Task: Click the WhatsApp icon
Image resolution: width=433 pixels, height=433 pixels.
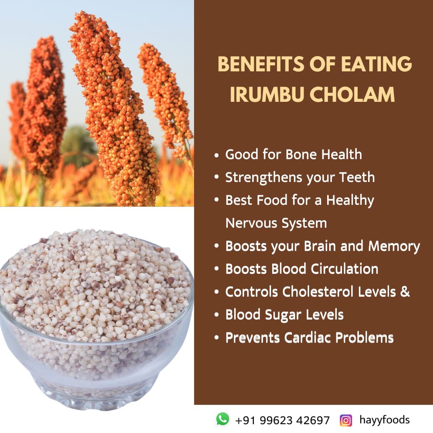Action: (x=223, y=419)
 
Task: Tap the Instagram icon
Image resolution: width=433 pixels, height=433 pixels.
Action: (x=346, y=420)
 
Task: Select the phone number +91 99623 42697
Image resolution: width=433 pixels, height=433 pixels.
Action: (x=282, y=420)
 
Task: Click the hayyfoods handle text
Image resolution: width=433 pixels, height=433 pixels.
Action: (x=384, y=420)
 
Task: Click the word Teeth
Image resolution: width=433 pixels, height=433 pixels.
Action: (x=356, y=177)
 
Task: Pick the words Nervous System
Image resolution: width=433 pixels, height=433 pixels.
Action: (x=276, y=223)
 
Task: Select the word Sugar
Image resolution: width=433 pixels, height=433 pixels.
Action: (x=281, y=315)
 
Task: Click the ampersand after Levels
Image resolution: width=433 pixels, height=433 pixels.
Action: (x=405, y=292)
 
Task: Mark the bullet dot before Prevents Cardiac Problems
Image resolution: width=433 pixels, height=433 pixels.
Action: (x=217, y=338)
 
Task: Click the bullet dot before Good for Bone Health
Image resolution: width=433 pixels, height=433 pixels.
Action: (x=217, y=155)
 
